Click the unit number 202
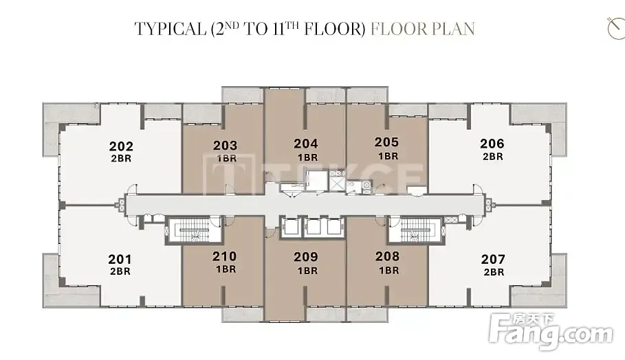121,146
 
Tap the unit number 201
120,259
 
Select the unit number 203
226,146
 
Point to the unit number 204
306,144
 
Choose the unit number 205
386,142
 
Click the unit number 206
492,144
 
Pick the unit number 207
493,259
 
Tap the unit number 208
387,256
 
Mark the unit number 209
306,257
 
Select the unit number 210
225,256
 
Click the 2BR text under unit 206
493,157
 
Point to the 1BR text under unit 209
308,271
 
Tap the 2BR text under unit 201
120,271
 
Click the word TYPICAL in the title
169,29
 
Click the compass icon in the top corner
616,28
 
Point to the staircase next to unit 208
415,231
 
